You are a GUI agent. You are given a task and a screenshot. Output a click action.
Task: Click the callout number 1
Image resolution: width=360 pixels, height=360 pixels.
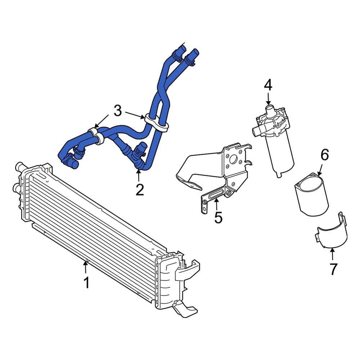(x=86, y=282)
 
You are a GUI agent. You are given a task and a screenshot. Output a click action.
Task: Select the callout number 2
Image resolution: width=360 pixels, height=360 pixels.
(x=139, y=189)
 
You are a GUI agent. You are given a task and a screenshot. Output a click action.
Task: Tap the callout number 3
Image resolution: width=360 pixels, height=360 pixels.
(x=118, y=111)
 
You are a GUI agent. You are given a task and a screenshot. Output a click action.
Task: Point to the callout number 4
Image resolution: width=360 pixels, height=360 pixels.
(x=268, y=85)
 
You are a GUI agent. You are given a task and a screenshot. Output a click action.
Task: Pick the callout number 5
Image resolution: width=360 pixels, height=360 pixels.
(x=218, y=217)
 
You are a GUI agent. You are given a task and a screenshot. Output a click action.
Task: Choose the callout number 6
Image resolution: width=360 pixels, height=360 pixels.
(x=324, y=155)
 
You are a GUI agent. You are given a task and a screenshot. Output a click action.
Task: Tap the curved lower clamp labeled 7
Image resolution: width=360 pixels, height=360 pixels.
(x=331, y=234)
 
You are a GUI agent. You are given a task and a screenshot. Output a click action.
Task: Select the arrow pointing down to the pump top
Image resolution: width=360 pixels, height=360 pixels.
(x=268, y=99)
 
